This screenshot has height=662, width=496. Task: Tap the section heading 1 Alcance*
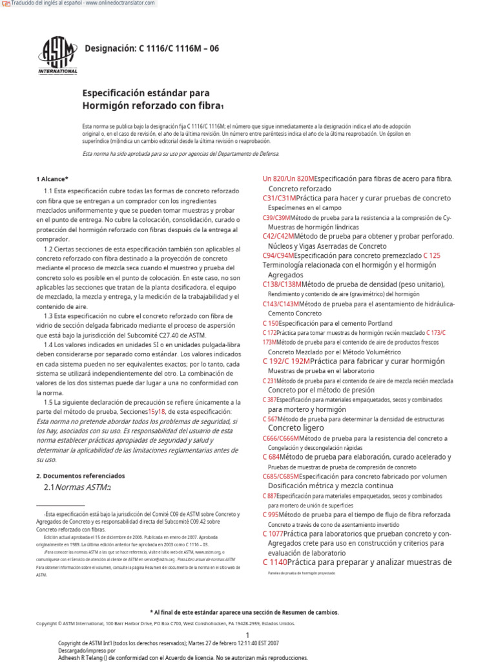point(52,178)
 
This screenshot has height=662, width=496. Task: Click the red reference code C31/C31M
point(279,198)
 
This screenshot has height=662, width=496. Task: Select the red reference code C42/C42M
point(278,237)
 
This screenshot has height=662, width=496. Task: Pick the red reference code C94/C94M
point(278,255)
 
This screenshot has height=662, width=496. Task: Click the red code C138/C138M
point(282,284)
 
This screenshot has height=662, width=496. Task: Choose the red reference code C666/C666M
point(282,438)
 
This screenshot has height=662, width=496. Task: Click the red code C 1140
point(274,562)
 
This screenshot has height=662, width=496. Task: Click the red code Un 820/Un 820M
point(288,178)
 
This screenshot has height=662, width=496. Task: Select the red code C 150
point(271,323)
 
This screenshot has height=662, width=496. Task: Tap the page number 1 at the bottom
point(247,617)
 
